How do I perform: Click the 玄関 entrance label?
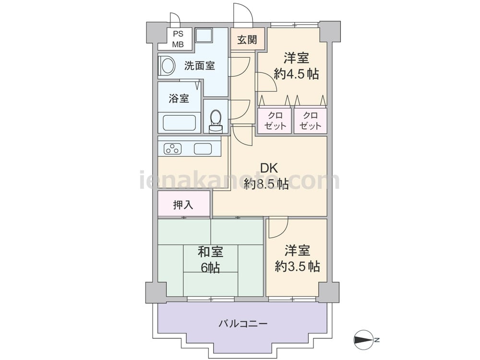point(247,39)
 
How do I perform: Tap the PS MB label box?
point(178,39)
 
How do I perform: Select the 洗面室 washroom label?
point(199,65)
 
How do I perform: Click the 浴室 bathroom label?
point(179,98)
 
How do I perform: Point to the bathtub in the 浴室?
point(180,123)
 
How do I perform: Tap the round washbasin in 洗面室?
point(168,66)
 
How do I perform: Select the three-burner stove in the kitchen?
point(173,149)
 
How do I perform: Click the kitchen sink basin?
point(203,149)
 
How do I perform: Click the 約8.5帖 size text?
point(266,184)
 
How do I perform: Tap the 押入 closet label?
point(183,205)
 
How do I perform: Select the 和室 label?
point(210,252)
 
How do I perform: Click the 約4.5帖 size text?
point(296,74)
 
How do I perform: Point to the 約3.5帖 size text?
point(297,266)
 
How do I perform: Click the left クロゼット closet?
point(275,120)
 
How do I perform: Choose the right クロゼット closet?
point(310,120)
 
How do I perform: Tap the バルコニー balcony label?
point(243,324)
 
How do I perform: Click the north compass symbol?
point(364,339)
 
